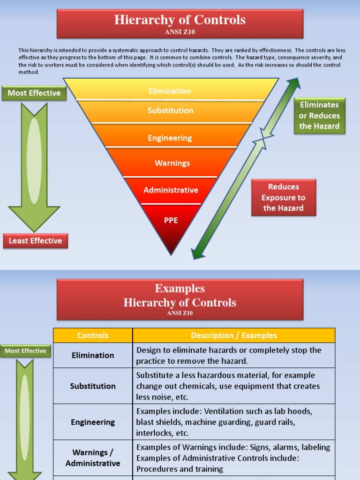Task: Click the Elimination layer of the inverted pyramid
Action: [170, 91]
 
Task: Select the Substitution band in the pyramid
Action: [170, 111]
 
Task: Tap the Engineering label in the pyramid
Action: [170, 138]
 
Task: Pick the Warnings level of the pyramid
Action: [172, 163]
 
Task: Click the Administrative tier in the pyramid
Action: [171, 190]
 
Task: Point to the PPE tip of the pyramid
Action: [171, 220]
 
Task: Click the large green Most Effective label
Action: [34, 93]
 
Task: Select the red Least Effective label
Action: [35, 241]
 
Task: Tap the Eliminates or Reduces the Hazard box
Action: [319, 116]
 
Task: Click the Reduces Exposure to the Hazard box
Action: [283, 197]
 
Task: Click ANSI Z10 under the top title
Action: [180, 32]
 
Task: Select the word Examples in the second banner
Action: [180, 288]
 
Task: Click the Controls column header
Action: [93, 336]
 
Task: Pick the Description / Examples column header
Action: [233, 336]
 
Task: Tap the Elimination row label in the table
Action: [93, 355]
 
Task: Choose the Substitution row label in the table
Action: [93, 386]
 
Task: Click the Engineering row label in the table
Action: [93, 422]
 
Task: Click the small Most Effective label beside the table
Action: [25, 351]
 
